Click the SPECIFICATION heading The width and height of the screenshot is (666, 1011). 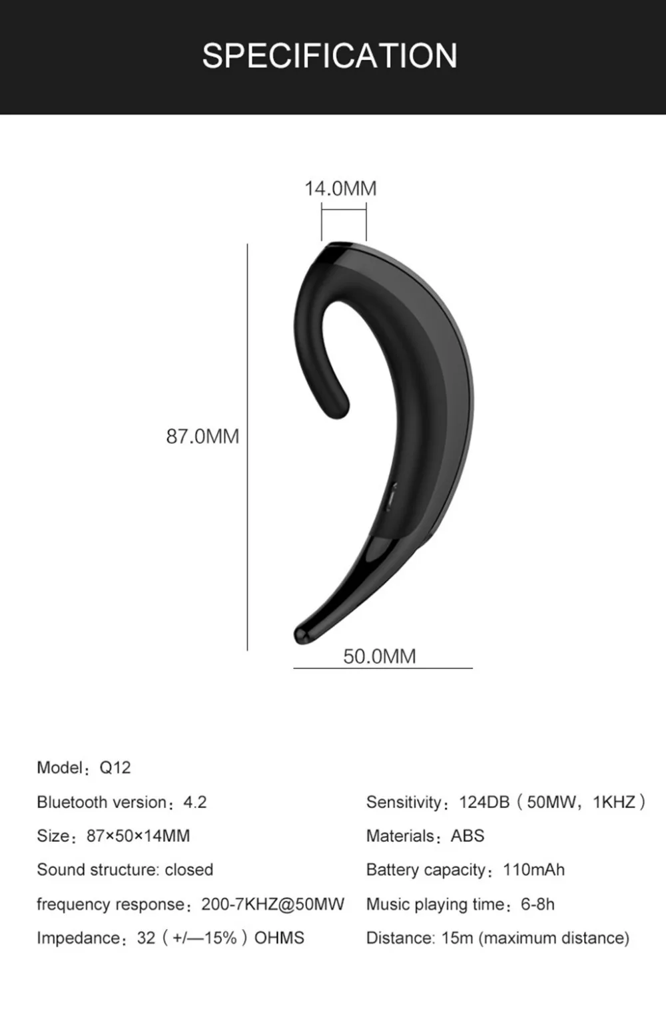330,55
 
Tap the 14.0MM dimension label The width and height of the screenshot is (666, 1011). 340,188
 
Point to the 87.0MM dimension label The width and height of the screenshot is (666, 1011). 202,437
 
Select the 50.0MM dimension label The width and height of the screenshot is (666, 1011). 379,656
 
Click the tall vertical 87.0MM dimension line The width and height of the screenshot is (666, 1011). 248,447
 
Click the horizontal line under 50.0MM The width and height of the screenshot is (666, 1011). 383,668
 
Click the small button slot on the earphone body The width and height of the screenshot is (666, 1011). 391,497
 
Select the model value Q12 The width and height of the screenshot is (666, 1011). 115,767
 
